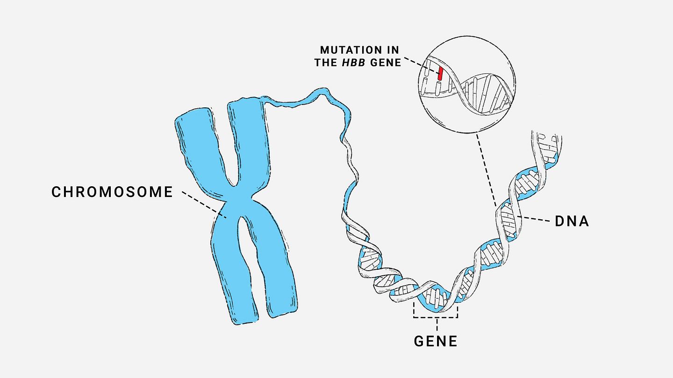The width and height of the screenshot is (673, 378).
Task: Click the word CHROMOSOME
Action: tap(112, 192)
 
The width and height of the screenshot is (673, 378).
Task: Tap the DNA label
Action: tap(572, 221)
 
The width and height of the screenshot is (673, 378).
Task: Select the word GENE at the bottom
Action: tap(436, 341)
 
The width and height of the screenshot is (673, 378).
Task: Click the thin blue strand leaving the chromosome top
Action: tap(304, 98)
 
